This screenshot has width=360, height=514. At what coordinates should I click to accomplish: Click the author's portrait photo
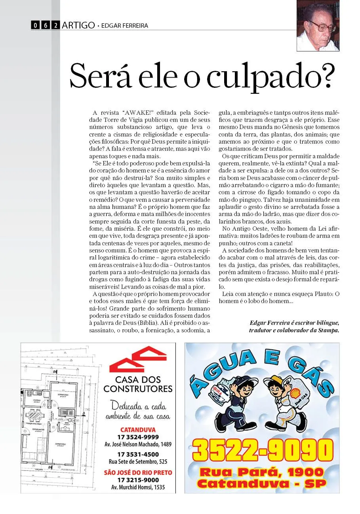(318, 26)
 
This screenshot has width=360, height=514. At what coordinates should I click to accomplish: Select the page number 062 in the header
(46, 25)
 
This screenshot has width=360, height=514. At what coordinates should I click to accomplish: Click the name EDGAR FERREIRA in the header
(125, 26)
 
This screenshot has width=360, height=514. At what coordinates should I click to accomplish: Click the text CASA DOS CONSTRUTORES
(138, 384)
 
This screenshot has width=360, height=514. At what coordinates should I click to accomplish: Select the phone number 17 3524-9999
(138, 437)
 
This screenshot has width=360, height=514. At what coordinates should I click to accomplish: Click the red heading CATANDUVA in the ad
(138, 430)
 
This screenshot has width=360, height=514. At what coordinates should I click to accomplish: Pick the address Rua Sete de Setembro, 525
(138, 462)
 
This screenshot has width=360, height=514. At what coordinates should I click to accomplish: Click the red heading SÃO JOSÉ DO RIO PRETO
(138, 472)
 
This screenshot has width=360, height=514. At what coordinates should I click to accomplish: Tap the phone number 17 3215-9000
(138, 480)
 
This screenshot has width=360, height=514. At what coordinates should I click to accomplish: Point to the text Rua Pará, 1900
(262, 472)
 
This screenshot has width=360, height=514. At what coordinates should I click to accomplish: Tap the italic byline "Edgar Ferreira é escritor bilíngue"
(294, 322)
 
